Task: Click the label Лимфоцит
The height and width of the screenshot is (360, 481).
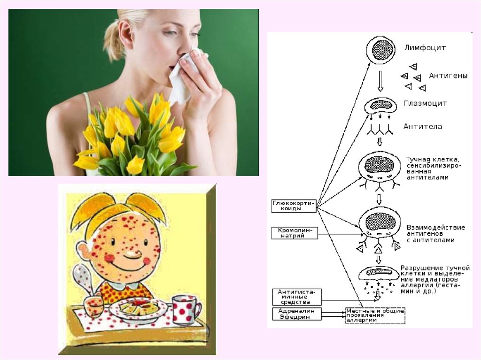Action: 425,47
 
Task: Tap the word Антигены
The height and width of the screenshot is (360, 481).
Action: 448,75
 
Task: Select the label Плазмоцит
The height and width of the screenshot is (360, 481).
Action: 425,103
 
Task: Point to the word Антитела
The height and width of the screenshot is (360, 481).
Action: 422,126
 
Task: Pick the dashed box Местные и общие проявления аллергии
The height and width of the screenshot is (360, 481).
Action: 375,315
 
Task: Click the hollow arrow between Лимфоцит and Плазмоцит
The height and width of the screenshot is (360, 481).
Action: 380,83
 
